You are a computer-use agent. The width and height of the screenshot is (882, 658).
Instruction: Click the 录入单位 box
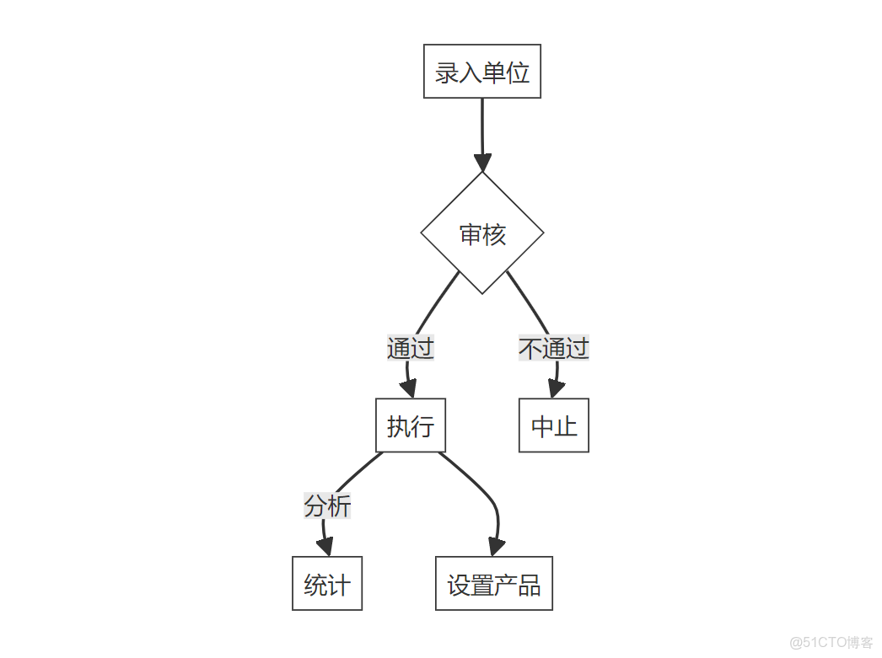[481, 72]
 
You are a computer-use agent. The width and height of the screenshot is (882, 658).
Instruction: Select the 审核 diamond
[482, 233]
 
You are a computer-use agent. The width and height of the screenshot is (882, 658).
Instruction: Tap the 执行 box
[410, 425]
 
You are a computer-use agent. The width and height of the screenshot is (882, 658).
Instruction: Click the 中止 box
[553, 425]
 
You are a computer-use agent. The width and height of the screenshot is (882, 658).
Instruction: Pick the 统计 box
[326, 583]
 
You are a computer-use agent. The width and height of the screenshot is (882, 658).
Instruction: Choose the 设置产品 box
[493, 583]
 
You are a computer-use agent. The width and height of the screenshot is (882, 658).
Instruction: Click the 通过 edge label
[410, 347]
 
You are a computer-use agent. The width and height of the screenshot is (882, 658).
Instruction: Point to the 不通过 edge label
[553, 347]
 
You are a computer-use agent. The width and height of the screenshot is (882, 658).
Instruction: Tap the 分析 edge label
[327, 506]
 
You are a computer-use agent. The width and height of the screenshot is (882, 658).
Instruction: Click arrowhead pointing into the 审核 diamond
[482, 162]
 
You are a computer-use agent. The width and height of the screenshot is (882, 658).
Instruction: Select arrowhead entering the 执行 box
[409, 388]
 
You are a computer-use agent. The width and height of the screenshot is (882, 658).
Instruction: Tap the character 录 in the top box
[447, 72]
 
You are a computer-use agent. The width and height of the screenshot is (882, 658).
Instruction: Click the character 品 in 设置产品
[529, 584]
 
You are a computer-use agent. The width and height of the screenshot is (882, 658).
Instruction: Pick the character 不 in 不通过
[530, 347]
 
